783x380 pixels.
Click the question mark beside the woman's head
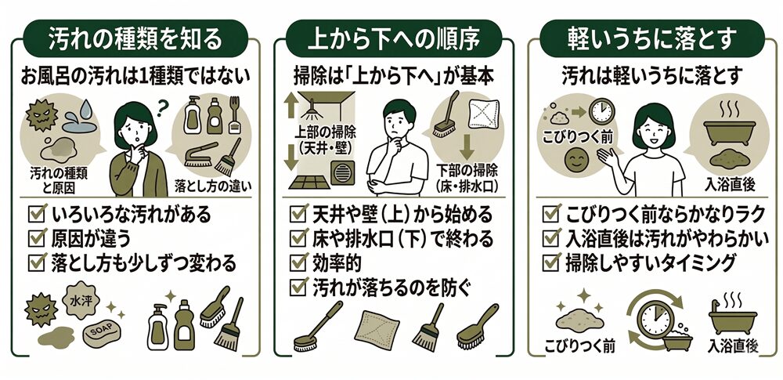pyautogui.click(x=161, y=106)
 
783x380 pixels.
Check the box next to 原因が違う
pyautogui.click(x=38, y=237)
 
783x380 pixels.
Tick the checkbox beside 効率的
pyautogui.click(x=298, y=262)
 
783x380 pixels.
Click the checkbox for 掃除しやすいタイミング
pyautogui.click(x=551, y=262)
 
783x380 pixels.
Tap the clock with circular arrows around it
pyautogui.click(x=654, y=316)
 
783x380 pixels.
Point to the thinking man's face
pyautogui.click(x=399, y=124)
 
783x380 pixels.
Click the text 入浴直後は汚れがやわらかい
pyautogui.click(x=666, y=238)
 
